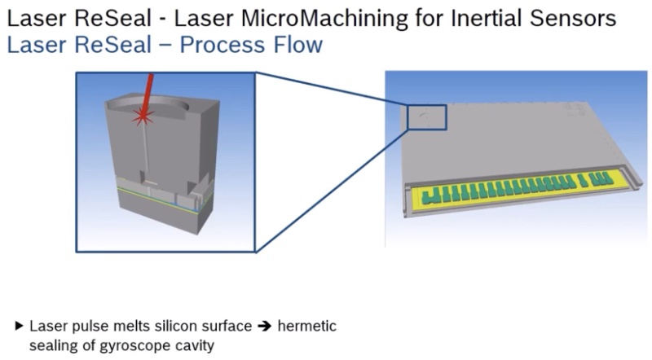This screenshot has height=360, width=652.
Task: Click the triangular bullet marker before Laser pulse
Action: pyautogui.click(x=20, y=327)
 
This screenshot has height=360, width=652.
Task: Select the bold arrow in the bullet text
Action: pyautogui.click(x=264, y=327)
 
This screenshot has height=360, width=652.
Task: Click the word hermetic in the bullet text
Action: pyautogui.click(x=307, y=327)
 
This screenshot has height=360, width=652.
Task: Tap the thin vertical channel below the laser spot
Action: pyautogui.click(x=143, y=151)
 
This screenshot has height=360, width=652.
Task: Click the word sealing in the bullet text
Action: pyautogui.click(x=51, y=344)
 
